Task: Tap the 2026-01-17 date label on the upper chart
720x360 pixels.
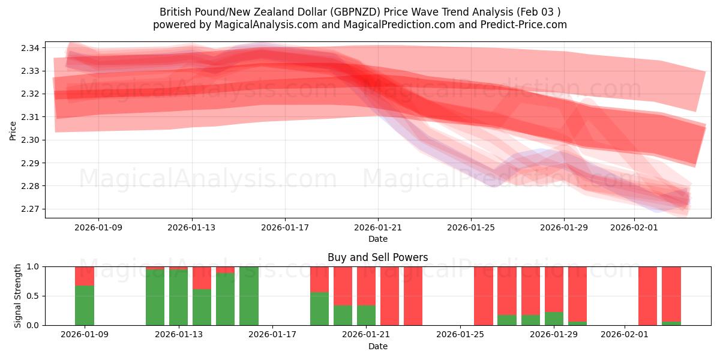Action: tap(284, 227)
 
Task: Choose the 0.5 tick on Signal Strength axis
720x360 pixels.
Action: tap(34, 296)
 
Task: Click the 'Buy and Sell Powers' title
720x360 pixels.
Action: tap(377, 257)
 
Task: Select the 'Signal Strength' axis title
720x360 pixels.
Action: tap(18, 296)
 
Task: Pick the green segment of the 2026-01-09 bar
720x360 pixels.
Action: tap(85, 305)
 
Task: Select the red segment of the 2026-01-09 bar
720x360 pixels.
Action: tap(85, 276)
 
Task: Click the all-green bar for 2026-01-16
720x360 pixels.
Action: tap(249, 296)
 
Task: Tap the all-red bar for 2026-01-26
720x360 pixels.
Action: tap(484, 296)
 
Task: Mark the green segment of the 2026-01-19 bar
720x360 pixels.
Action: tap(319, 309)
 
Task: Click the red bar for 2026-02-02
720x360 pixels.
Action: tap(648, 296)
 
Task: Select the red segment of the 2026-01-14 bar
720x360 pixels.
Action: tap(202, 278)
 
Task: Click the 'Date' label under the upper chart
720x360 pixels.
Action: tap(377, 239)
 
